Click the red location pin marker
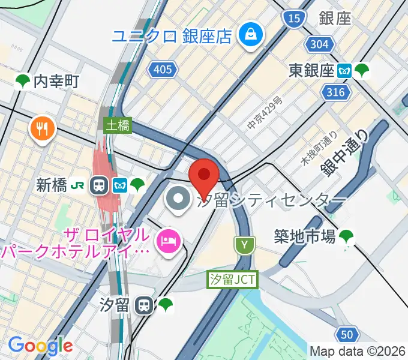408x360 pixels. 204,175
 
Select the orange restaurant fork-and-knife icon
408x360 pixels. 41,127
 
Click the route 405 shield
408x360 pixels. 163,70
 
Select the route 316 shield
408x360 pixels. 336,92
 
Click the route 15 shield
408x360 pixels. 294,19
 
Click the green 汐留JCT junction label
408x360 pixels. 232,280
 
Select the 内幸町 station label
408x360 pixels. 56,81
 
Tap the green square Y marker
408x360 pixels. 245,244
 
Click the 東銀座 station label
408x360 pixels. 311,70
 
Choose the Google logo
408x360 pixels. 40,345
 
